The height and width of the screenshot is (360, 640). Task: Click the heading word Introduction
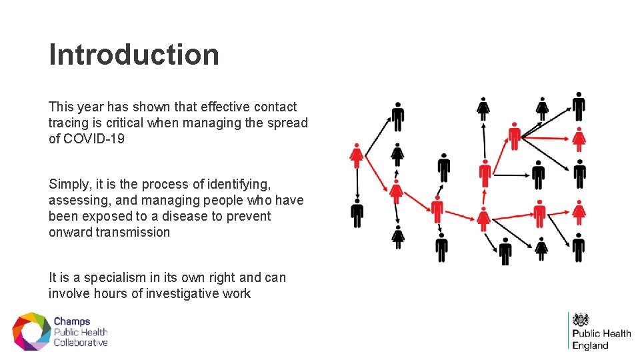pyautogui.click(x=134, y=55)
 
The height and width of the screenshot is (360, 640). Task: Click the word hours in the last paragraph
pyautogui.click(x=110, y=293)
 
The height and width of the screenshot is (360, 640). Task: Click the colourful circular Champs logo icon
pyautogui.click(x=31, y=331)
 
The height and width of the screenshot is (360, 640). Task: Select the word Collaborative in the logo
pyautogui.click(x=81, y=343)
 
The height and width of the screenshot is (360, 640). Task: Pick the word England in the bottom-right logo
pyautogui.click(x=591, y=345)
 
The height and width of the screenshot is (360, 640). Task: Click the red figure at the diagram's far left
pyautogui.click(x=357, y=155)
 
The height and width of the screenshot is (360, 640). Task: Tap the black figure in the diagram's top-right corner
pyautogui.click(x=579, y=106)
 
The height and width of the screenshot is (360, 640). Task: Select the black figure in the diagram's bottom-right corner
pyautogui.click(x=578, y=247)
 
